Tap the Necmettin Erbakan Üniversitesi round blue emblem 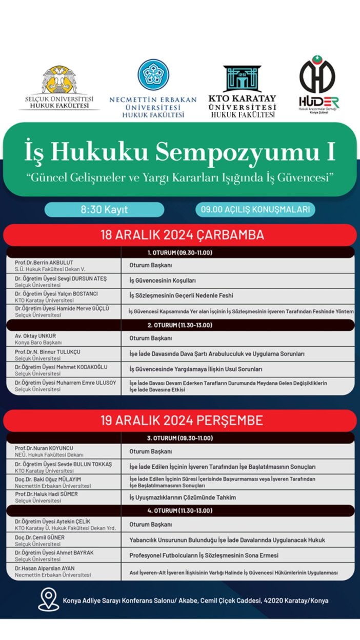[x=153, y=75]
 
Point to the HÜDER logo [x=318, y=85]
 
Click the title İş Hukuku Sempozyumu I [x=179, y=152]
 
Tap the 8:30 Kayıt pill [x=104, y=210]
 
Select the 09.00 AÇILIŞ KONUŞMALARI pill [x=255, y=210]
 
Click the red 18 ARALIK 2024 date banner [x=179, y=235]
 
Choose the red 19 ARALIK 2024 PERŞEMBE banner [x=179, y=421]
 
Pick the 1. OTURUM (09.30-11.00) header [x=179, y=252]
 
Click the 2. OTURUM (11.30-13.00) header [x=179, y=325]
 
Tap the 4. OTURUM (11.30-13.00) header [x=179, y=511]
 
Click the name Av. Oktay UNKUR [x=36, y=335]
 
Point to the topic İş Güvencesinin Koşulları [x=163, y=281]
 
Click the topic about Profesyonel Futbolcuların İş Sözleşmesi [x=204, y=556]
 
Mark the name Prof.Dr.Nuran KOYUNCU [x=45, y=448]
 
